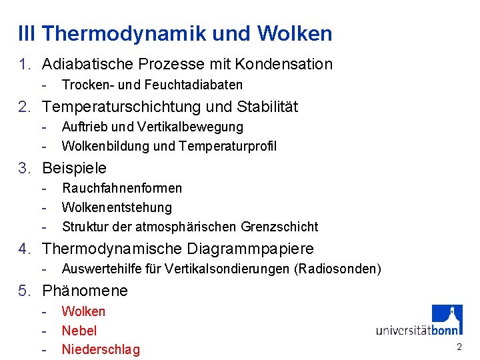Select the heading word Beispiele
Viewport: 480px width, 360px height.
tap(74, 168)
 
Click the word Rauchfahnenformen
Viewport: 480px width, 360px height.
tap(121, 188)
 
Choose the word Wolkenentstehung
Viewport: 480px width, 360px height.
tap(117, 207)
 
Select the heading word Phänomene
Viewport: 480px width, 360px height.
tap(85, 291)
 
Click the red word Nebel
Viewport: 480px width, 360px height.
tap(79, 331)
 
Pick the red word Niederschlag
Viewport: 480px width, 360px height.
tap(101, 350)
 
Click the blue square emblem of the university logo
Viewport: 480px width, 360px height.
tap(447, 319)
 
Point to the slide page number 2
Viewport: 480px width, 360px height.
tap(459, 347)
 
